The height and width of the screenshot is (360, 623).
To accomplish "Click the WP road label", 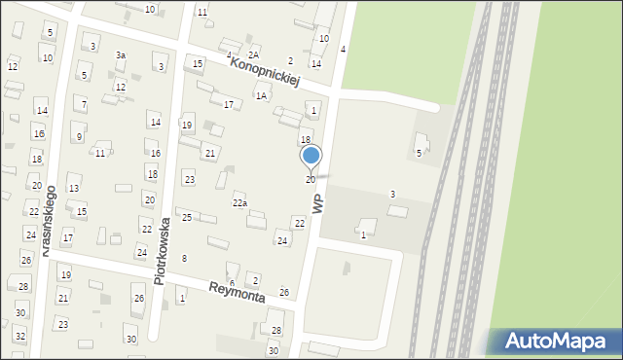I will click(x=317, y=202).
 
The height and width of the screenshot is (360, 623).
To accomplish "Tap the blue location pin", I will click(x=311, y=156).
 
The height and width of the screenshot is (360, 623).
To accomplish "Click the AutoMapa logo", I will click(x=559, y=342).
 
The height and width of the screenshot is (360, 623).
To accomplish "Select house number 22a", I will click(x=239, y=202).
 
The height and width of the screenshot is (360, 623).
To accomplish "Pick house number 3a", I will click(x=121, y=55).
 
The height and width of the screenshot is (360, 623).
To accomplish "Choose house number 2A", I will click(x=253, y=54).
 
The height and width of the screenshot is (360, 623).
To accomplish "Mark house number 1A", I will click(x=260, y=95).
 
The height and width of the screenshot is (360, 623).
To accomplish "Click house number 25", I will click(x=187, y=217).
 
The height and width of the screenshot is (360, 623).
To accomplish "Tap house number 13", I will click(x=73, y=188).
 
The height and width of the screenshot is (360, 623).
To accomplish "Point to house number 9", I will click(x=79, y=137).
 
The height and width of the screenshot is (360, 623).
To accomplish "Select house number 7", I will click(x=85, y=104).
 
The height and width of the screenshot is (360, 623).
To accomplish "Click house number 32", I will click(x=19, y=336).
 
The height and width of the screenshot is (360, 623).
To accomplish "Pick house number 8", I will click(x=184, y=258).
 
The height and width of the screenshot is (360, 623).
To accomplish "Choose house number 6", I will click(x=231, y=282).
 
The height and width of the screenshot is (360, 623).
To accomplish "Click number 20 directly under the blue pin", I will click(x=311, y=179).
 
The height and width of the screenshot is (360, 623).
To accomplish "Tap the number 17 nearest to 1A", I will click(x=229, y=104).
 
